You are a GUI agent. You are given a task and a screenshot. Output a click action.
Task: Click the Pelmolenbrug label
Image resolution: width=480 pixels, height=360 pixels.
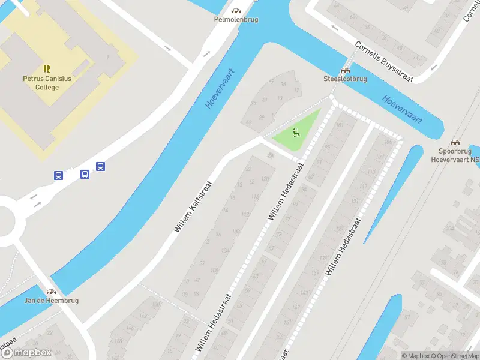236,19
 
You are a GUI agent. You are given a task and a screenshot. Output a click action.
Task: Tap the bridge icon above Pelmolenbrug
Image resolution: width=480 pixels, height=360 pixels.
236,11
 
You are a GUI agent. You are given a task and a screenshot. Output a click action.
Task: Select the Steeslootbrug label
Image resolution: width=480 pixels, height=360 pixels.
345,79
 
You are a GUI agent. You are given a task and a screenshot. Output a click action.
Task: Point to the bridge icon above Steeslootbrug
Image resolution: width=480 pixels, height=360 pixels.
345,70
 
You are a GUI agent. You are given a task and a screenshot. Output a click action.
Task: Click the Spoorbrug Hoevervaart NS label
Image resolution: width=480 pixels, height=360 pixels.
455,155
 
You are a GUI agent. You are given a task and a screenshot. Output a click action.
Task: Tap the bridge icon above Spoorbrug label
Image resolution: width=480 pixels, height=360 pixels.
455,143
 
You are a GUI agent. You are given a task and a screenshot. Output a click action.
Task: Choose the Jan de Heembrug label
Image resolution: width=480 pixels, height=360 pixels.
51,300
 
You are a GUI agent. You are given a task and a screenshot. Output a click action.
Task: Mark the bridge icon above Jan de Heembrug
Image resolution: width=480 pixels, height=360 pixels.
51,292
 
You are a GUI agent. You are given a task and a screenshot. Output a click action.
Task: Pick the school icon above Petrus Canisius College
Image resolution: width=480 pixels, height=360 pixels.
46,68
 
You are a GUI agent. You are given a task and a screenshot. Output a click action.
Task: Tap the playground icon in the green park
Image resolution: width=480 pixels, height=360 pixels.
295,132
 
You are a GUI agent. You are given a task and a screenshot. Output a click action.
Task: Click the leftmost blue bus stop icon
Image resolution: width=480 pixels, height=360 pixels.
58,176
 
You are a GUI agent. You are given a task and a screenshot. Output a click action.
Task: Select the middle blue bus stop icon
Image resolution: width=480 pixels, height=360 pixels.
85,174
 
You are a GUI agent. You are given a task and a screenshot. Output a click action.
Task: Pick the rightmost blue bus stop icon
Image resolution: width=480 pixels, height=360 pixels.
100,167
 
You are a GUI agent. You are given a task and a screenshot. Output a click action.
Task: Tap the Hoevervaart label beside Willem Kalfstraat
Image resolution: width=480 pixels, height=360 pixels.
219,89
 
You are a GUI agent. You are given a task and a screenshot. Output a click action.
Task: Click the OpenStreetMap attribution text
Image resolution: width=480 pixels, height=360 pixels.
454,356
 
